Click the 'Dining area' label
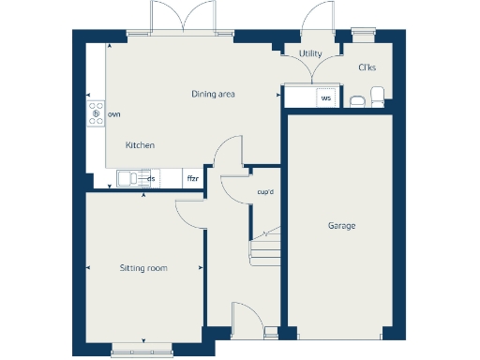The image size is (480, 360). tap(213, 94)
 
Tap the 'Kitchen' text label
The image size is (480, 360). tap(140, 145)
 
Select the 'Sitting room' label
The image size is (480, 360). tap(143, 268)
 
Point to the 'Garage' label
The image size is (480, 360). tap(341, 227)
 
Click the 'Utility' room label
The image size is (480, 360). tap(310, 54)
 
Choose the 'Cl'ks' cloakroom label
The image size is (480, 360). tap(367, 67)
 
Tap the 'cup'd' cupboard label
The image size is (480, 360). tap(265, 193)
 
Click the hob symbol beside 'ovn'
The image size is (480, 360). tap(96, 113)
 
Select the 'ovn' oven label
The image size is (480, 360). tap(114, 113)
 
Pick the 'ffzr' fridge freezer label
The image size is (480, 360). tap(192, 178)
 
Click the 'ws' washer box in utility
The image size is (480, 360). tap(326, 97)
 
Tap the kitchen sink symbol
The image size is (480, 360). tap(128, 178)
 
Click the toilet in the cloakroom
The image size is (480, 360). tap(378, 95)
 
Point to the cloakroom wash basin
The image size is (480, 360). tap(356, 100)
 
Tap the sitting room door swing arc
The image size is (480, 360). tap(187, 214)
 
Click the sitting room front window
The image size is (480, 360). tap(143, 352)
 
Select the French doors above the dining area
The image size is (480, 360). tap(180, 21)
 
